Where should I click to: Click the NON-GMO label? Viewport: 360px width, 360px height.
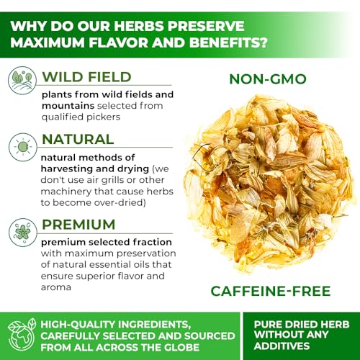click(x=269, y=79)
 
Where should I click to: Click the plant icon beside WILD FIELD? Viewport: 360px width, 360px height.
click(x=22, y=80)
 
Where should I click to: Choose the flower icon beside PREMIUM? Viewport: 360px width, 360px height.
click(x=22, y=231)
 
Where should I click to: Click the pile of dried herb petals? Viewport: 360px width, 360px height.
click(x=270, y=184)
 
